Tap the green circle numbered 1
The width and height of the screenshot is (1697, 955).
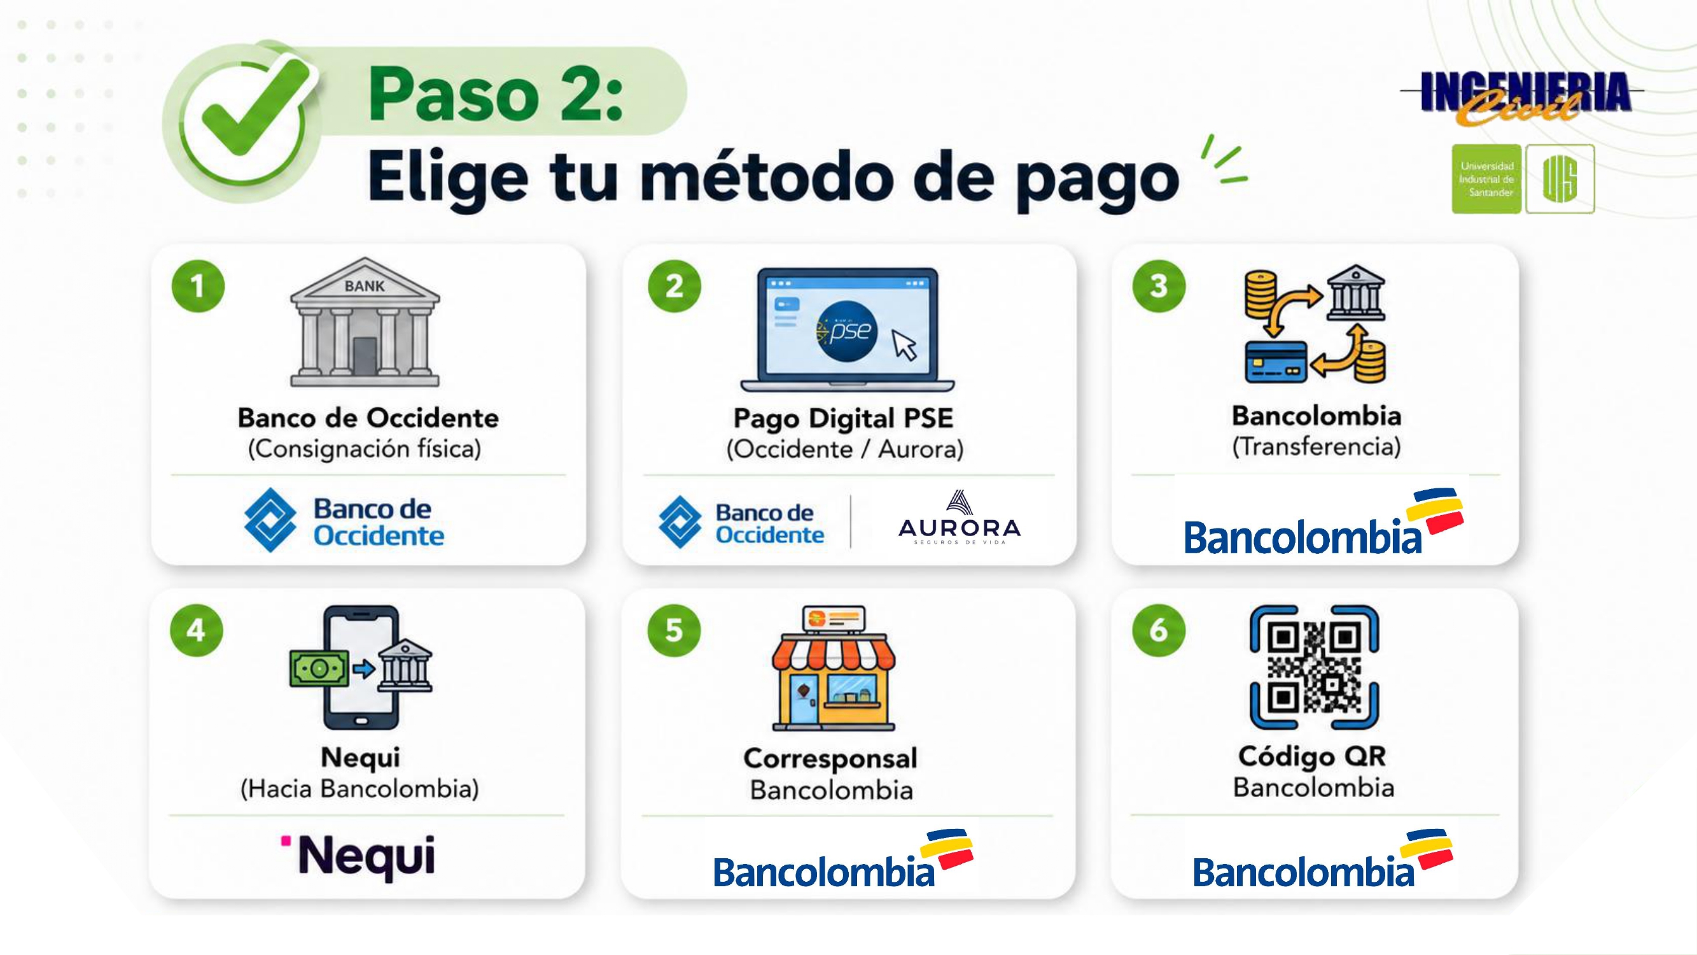pos(198,286)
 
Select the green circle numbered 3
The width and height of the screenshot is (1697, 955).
pos(1159,286)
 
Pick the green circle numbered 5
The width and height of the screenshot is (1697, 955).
pos(674,630)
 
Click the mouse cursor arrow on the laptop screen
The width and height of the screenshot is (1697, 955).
pos(905,345)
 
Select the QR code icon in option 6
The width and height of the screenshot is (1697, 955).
pos(1314,667)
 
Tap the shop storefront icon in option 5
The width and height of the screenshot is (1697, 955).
pos(834,668)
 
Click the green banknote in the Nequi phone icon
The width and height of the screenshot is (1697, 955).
pos(319,669)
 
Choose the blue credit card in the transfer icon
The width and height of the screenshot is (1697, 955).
pos(1276,362)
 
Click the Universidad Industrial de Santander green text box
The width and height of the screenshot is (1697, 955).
pos(1486,180)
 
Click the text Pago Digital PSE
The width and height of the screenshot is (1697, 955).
pos(843,418)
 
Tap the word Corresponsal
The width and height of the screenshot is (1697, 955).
pos(830,759)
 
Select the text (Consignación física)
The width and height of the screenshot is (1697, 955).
pos(365,449)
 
